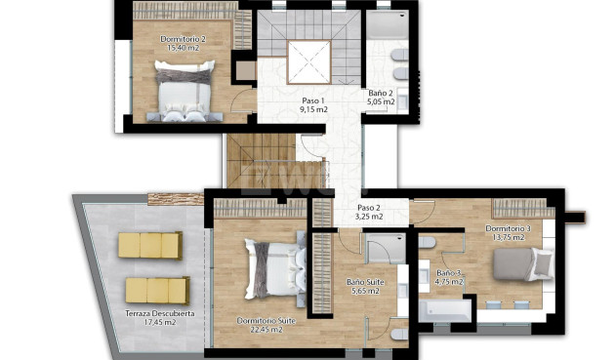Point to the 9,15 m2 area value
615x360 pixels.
[x=313, y=110]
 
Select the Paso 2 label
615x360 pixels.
[x=368, y=207]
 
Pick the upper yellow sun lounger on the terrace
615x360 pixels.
[x=150, y=246]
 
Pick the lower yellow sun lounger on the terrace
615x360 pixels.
[x=156, y=290]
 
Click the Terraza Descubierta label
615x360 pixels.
[x=159, y=313]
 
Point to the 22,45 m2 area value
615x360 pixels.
[x=260, y=330]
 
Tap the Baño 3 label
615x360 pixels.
[x=450, y=273]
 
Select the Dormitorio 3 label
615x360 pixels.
[x=508, y=229]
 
